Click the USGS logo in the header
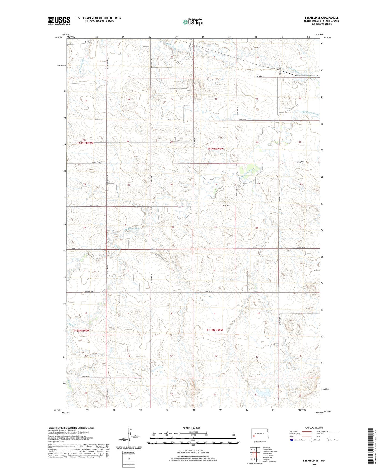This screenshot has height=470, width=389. click(x=59, y=21)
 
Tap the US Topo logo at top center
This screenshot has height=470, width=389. click(x=193, y=22)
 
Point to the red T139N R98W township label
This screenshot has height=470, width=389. click(x=216, y=149)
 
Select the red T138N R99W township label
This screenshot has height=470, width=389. click(x=81, y=330)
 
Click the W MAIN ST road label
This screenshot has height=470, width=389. click(x=261, y=76)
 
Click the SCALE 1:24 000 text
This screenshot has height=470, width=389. click(x=191, y=428)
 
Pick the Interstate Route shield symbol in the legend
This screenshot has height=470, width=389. click(x=292, y=440)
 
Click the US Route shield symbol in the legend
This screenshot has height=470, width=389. click(x=312, y=440)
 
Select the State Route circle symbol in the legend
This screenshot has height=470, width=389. click(x=327, y=440)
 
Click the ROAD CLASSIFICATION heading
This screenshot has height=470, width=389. click(x=314, y=428)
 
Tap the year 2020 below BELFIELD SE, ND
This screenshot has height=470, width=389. click(x=314, y=464)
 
